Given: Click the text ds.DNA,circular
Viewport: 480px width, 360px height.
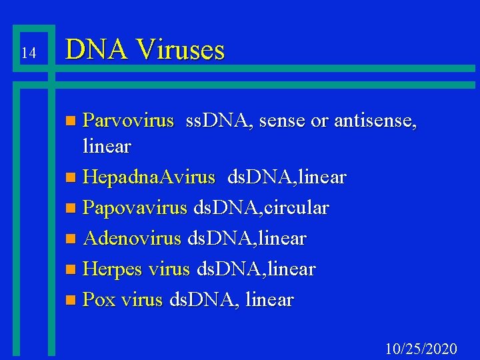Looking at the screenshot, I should point(261,207).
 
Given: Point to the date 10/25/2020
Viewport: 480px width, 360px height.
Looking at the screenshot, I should point(421,349).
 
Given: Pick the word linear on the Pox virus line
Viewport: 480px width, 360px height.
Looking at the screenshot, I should point(269,299).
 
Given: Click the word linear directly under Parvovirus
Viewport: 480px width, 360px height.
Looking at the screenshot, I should point(106,145).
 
